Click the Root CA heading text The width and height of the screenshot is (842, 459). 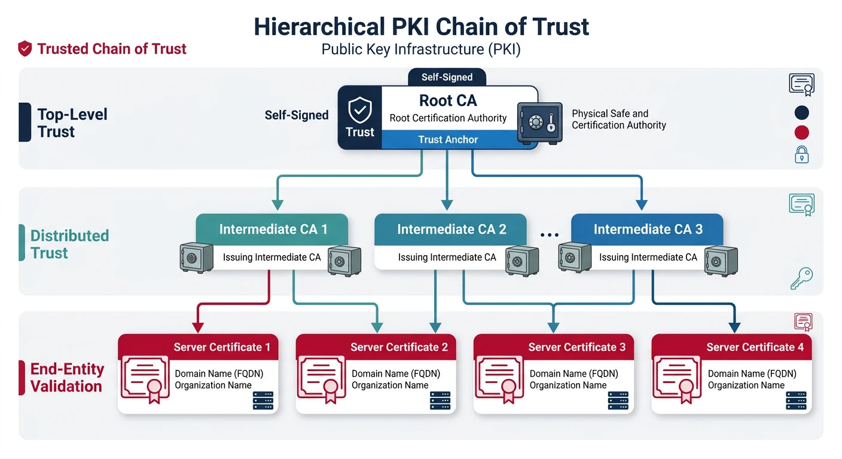[448, 100]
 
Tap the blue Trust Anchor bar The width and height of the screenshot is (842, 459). [448, 140]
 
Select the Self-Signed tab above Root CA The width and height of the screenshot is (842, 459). [447, 77]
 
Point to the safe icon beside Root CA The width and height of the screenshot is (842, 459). [539, 123]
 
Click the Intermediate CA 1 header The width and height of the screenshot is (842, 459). [273, 229]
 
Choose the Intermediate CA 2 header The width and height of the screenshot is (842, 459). [451, 229]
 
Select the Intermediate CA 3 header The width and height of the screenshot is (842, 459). [648, 229]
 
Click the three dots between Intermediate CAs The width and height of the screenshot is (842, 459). [549, 235]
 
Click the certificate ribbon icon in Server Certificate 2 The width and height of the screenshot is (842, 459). [322, 378]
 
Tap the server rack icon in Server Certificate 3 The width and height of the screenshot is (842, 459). [618, 400]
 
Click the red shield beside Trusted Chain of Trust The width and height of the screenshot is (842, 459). [25, 49]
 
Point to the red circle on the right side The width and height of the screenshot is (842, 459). [801, 133]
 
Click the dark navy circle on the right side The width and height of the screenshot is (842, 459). [801, 112]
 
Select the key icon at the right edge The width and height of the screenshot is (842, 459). [801, 278]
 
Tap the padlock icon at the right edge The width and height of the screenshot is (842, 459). [801, 155]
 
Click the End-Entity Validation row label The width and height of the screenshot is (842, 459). [66, 378]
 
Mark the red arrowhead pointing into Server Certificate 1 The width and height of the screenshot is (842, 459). [197, 328]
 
